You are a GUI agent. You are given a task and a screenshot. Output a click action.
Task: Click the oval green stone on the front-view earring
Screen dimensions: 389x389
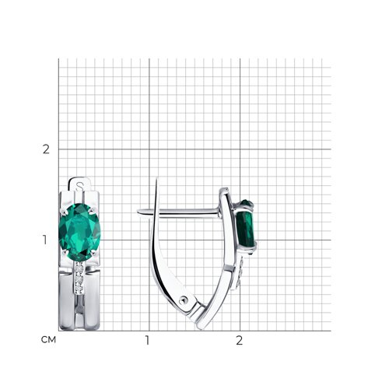79,232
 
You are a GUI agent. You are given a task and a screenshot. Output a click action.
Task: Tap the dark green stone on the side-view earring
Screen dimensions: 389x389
246,226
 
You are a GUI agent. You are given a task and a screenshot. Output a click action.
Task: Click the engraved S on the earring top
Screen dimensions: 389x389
80,186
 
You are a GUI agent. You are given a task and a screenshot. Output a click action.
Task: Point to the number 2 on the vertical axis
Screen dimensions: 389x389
46,149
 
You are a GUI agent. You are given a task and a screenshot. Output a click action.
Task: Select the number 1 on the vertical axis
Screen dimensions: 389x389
45,240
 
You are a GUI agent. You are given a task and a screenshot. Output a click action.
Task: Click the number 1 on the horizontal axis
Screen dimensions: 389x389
147,340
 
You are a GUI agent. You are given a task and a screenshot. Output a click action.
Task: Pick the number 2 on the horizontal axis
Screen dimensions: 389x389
239,340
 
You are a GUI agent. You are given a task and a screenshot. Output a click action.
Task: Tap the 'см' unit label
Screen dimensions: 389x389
48,340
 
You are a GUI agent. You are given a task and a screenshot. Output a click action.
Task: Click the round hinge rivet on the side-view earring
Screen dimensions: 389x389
183,300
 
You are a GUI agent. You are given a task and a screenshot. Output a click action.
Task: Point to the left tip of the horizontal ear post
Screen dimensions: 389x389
138,212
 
